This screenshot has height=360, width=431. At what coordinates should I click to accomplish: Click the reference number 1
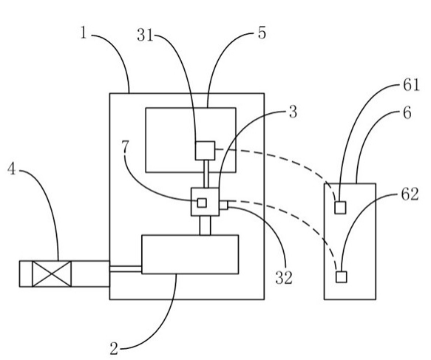coord(84,33)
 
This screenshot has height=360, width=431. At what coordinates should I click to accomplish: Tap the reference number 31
coord(145,35)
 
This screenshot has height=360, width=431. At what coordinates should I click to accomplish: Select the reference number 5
coord(262,33)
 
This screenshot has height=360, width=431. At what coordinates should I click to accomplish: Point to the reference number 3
coord(293,112)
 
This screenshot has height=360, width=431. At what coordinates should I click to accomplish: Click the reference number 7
coord(125,147)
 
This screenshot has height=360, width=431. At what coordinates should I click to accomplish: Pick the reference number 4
coord(11,169)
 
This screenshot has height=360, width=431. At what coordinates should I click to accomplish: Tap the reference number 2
coord(114,348)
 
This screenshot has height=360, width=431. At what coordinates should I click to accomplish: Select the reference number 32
coord(284,277)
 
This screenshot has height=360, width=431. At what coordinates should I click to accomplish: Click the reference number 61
coord(411,85)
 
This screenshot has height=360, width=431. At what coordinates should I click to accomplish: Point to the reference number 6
coord(407,112)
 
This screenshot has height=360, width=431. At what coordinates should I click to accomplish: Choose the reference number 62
coord(410,194)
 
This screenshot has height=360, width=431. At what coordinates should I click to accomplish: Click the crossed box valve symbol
coord(52,274)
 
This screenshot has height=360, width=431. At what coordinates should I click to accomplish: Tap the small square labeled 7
coord(202,203)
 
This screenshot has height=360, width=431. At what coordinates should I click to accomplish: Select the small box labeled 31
coord(205,151)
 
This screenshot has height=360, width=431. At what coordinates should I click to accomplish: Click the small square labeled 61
coord(340,208)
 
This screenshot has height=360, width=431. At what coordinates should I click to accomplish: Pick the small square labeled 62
coord(341,276)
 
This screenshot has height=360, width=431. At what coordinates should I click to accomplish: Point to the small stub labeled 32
coord(223,206)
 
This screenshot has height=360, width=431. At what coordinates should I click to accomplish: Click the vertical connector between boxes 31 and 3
coord(206,174)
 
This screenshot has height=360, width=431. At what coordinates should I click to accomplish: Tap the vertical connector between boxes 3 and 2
coord(205,225)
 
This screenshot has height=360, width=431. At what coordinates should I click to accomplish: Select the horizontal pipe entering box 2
coord(126,269)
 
